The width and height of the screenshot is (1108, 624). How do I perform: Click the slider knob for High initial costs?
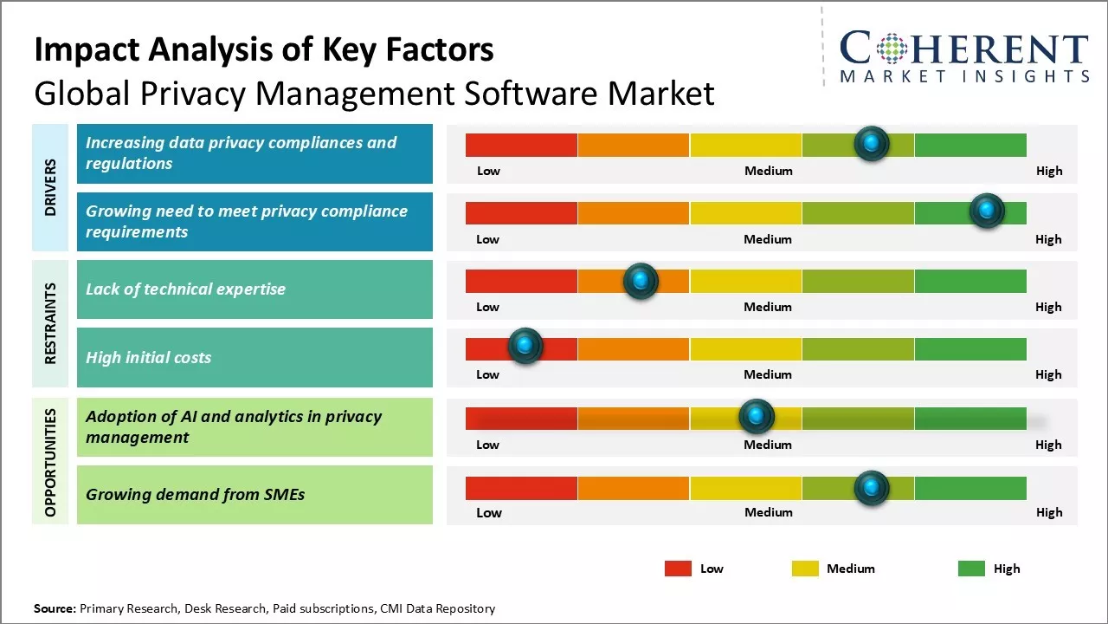coord(525,346)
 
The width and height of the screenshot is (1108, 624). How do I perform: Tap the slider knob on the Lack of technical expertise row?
coord(641,280)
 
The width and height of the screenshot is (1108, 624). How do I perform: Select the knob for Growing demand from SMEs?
coord(872,488)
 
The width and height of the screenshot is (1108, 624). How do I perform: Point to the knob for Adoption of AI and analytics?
coord(757,417)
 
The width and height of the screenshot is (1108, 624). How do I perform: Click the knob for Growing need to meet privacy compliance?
coord(987,211)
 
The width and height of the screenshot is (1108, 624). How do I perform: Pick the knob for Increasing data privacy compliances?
coord(872,143)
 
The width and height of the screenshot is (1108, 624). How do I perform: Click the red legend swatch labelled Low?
coord(678,569)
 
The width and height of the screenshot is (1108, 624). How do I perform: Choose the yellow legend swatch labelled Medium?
coord(805,569)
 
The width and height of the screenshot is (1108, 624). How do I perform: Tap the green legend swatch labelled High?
coord(971,569)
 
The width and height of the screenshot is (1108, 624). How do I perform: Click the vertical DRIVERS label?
coord(50,187)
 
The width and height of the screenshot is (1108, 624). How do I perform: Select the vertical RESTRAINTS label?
coord(50,323)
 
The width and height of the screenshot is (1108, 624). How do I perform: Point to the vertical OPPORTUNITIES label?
coord(50,462)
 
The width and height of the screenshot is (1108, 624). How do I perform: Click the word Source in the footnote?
coord(55,608)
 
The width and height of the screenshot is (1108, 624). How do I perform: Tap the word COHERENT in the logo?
coord(963,49)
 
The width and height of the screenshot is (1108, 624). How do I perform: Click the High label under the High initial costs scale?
coord(1048,374)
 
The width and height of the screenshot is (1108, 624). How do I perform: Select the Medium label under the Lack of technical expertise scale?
coord(768,307)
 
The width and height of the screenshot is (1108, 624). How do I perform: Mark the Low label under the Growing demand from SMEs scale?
coord(489,512)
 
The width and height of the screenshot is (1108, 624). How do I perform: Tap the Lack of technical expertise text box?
coord(254,289)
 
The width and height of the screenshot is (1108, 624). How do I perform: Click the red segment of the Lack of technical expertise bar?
coord(521,281)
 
